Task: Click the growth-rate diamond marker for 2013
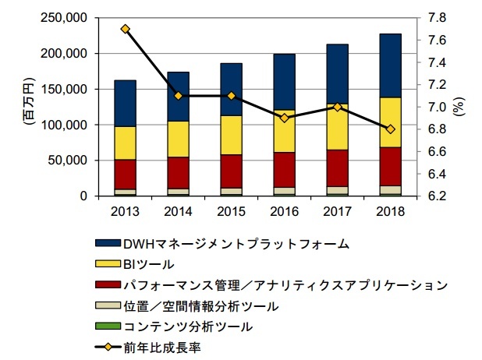click(x=126, y=29)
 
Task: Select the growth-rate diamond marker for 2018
click(x=391, y=129)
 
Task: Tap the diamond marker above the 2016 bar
click(x=285, y=118)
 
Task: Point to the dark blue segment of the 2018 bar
click(x=391, y=65)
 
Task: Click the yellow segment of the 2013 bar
click(x=126, y=143)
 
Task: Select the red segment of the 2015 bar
click(x=232, y=171)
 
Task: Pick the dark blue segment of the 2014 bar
click(x=179, y=97)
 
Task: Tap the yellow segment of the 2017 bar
click(x=338, y=126)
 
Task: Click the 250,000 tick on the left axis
click(x=66, y=18)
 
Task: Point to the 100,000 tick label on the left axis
click(x=66, y=125)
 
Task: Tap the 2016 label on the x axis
click(x=285, y=211)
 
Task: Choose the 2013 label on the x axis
click(x=126, y=211)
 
